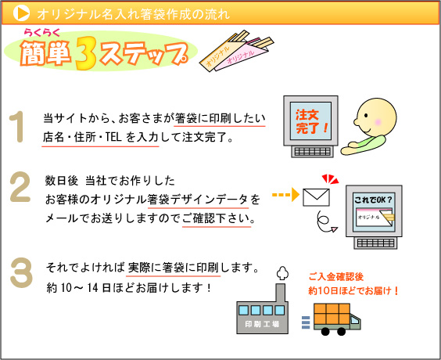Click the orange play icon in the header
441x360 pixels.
click(x=21, y=13)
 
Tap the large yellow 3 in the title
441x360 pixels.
click(x=86, y=53)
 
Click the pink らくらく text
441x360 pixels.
click(x=42, y=33)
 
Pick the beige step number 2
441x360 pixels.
click(x=20, y=187)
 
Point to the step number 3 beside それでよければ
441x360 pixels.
click(x=21, y=273)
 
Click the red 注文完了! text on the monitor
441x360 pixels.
click(x=310, y=121)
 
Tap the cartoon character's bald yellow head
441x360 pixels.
click(x=376, y=117)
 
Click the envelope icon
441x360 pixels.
click(x=316, y=197)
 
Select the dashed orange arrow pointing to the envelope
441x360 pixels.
click(x=285, y=195)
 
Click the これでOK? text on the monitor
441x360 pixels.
click(x=373, y=200)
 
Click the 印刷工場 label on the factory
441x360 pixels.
click(x=262, y=324)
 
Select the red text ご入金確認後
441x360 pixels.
click(x=336, y=277)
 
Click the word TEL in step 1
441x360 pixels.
click(x=113, y=137)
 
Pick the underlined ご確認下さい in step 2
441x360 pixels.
click(x=216, y=218)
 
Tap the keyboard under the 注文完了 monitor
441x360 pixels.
click(x=312, y=152)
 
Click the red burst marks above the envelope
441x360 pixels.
click(x=331, y=179)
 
